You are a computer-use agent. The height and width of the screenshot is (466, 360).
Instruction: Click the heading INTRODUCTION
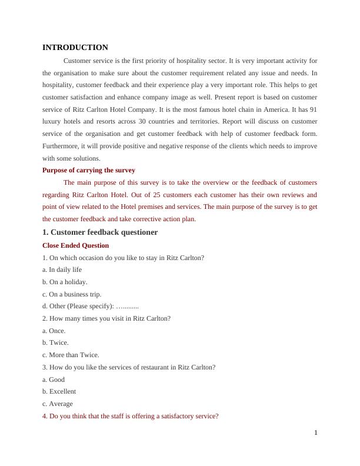75,48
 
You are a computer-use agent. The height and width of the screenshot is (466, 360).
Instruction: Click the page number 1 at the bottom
316,433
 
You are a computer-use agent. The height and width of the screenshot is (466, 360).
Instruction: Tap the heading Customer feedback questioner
100,232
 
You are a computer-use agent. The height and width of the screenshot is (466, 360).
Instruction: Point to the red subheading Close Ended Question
76,245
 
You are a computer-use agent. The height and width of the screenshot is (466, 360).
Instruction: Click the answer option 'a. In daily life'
62,269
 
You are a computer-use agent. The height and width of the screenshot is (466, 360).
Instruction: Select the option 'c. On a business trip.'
72,294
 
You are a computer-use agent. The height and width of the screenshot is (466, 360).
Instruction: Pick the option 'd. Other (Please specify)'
91,307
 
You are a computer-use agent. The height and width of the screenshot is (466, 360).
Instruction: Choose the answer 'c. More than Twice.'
71,355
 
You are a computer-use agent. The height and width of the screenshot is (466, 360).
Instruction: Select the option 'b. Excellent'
59,391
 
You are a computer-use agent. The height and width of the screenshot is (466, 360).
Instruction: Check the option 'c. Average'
58,404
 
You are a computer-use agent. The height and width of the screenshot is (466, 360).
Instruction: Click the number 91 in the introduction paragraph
313,109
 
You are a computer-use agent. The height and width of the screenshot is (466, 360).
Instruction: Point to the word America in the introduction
266,109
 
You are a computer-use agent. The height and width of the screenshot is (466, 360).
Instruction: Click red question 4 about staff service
131,416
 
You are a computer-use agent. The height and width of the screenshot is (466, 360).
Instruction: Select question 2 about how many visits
106,318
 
